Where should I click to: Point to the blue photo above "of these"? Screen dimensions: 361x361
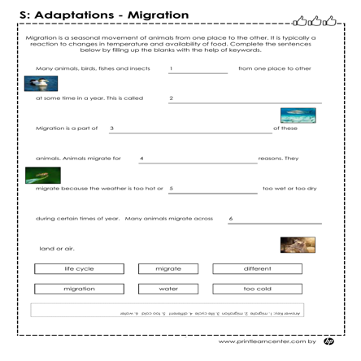pyautogui.click(x=299, y=117)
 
